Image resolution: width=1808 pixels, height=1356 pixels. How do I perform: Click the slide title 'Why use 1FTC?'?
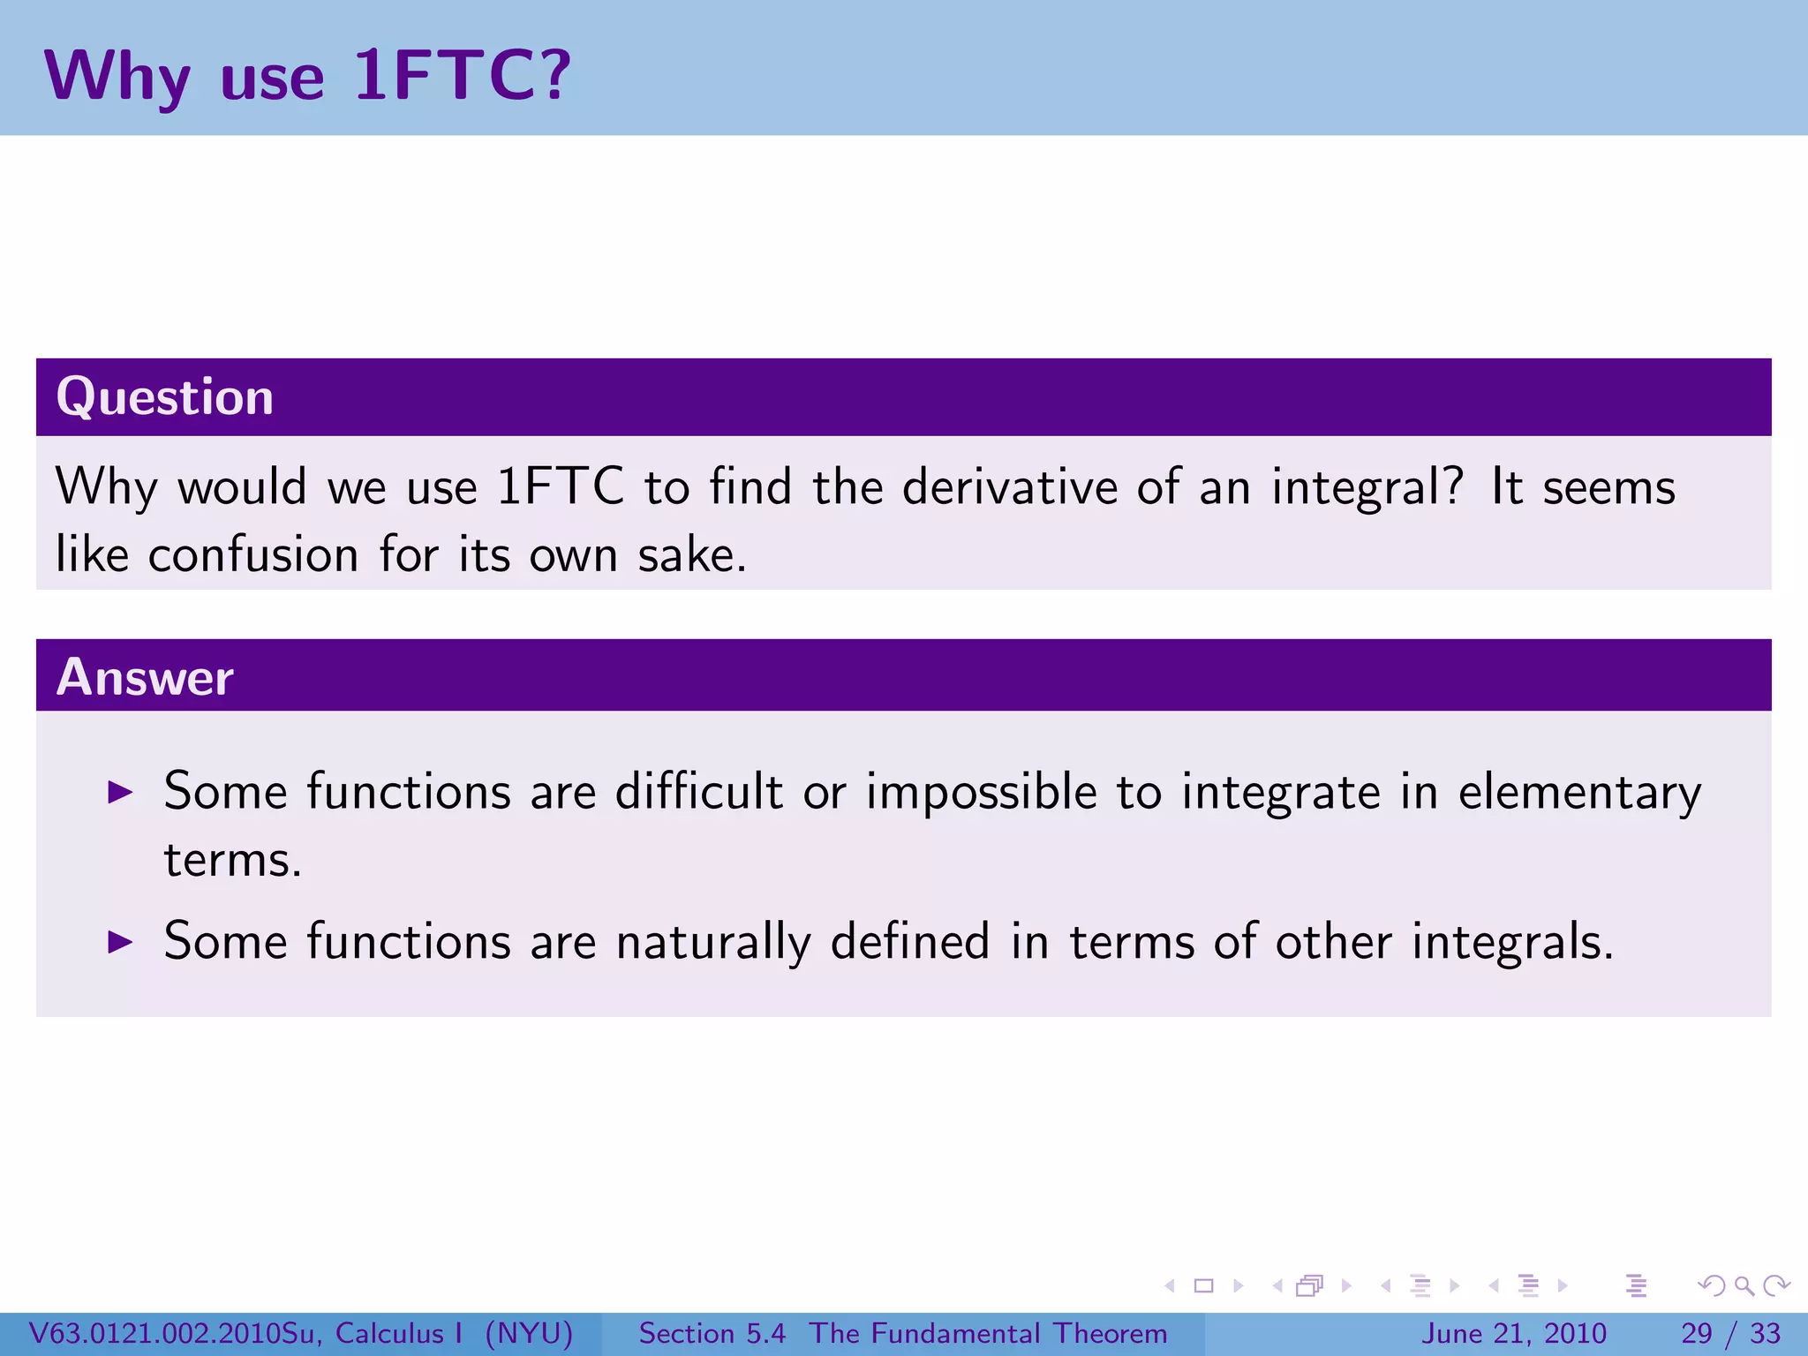point(307,76)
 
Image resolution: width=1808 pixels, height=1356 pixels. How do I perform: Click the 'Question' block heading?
point(165,396)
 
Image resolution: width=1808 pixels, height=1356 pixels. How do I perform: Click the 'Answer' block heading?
point(145,677)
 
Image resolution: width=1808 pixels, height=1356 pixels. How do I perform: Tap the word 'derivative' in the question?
point(1010,486)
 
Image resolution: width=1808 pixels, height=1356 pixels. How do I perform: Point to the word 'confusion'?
point(253,555)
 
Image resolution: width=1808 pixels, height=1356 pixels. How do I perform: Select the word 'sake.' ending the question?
point(692,555)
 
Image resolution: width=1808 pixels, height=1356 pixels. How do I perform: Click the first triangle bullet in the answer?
point(120,792)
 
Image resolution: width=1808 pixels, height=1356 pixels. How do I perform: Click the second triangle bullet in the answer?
point(120,942)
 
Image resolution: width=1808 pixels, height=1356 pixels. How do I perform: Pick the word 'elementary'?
point(1579,792)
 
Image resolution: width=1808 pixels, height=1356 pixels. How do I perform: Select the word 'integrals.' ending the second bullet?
point(1512,942)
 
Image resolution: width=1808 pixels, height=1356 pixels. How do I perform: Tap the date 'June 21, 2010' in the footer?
point(1513,1333)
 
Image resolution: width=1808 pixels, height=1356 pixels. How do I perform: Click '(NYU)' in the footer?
point(529,1333)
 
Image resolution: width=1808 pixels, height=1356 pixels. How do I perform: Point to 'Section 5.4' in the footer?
point(712,1333)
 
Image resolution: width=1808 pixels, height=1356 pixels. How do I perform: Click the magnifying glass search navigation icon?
point(1744,1285)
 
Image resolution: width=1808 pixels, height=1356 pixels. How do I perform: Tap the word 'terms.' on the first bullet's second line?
point(233,860)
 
